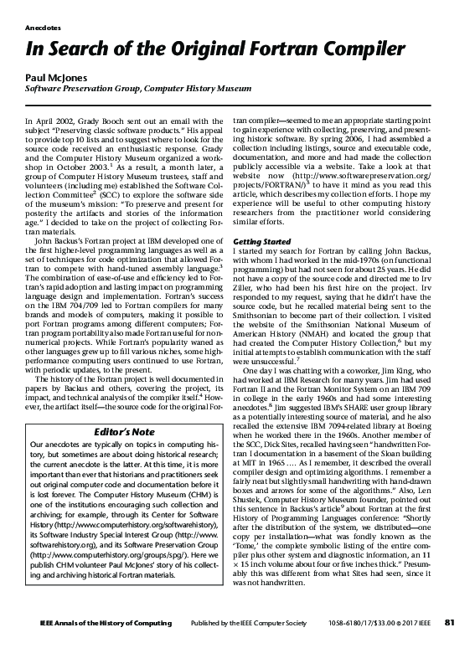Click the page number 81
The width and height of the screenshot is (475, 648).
tap(449, 622)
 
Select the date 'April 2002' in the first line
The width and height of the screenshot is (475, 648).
tap(54, 122)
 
